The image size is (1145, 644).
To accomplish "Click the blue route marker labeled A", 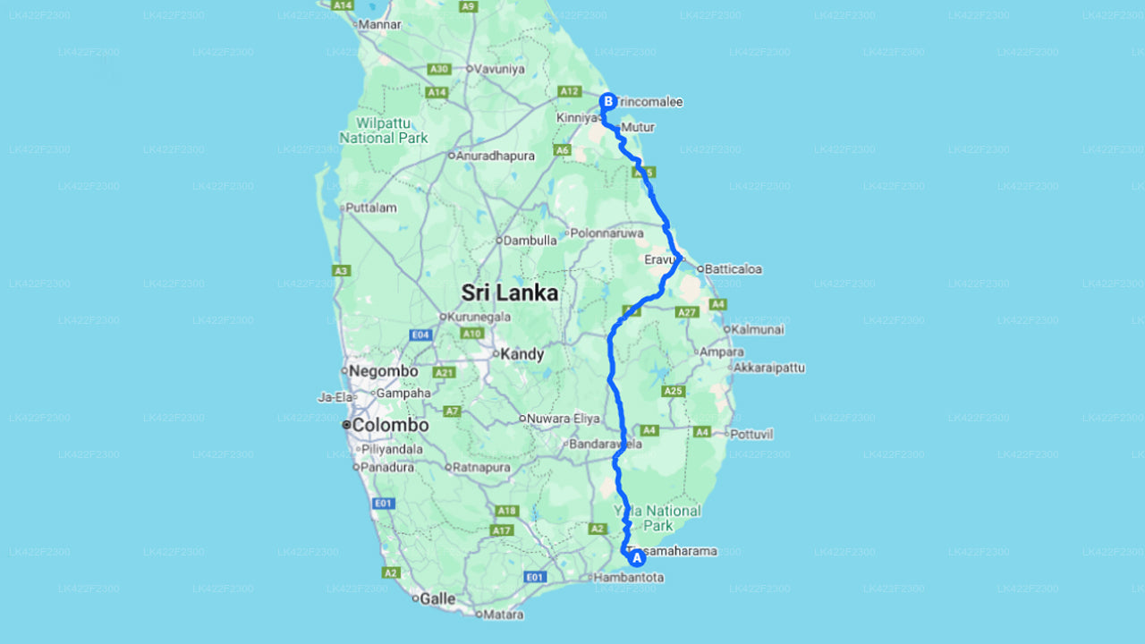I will click(637, 558).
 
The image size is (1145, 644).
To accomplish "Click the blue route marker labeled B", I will click(608, 102).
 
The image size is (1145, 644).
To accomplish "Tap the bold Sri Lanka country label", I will click(509, 292).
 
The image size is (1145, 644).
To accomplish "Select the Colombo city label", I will click(389, 426).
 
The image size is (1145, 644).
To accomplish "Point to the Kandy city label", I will click(522, 354).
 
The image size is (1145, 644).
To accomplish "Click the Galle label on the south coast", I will click(437, 599).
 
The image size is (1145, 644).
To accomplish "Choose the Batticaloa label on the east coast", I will click(733, 268).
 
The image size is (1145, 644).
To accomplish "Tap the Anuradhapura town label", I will click(496, 156).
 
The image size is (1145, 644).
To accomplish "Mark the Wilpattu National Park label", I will click(383, 130).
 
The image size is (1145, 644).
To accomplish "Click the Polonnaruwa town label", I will click(607, 233).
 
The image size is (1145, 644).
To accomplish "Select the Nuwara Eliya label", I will click(563, 418).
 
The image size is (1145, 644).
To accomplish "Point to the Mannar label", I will click(380, 25).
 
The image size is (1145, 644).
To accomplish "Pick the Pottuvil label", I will click(751, 434).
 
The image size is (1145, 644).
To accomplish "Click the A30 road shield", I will click(438, 69).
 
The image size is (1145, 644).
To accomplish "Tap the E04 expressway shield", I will click(420, 335).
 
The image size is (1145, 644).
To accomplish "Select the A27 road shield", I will click(686, 312).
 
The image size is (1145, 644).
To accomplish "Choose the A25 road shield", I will click(674, 391).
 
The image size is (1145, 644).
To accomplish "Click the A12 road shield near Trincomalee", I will click(569, 91).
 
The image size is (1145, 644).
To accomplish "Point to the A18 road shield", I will click(507, 511).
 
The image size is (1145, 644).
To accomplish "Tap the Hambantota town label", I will click(629, 578).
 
